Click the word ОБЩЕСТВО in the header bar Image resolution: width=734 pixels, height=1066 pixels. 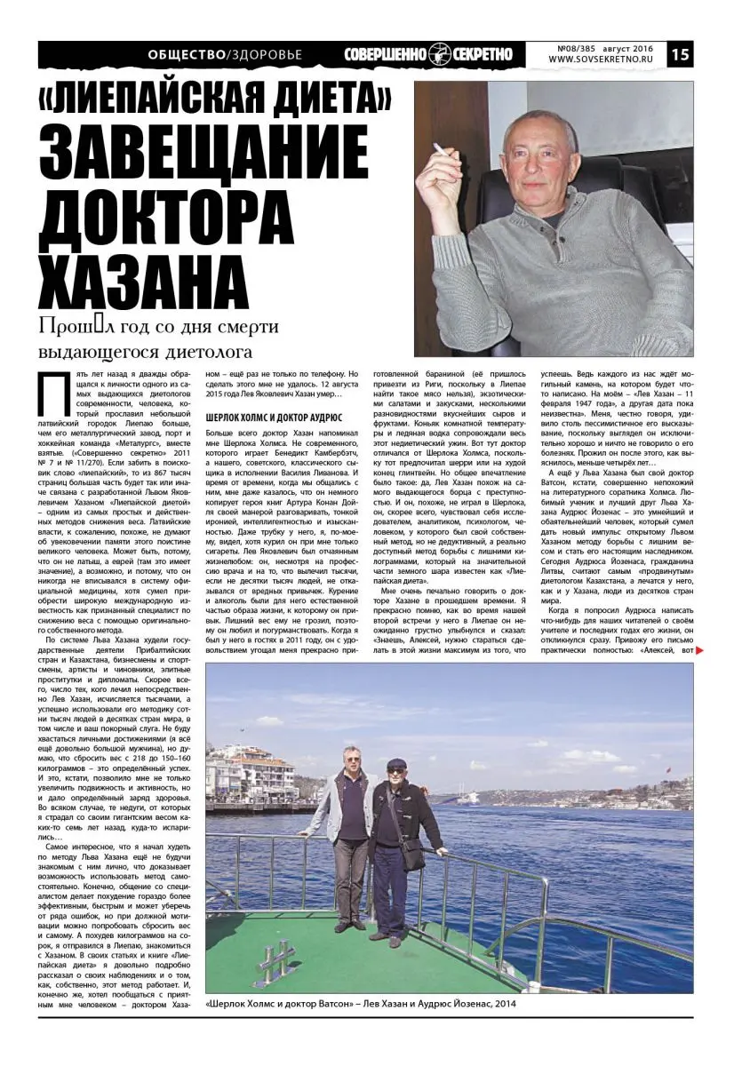pyautogui.click(x=187, y=55)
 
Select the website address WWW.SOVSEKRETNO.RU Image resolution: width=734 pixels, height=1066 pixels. pyautogui.click(x=599, y=60)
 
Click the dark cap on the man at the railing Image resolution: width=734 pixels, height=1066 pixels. pyautogui.click(x=396, y=763)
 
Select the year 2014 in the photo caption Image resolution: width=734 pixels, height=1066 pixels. pyautogui.click(x=505, y=1004)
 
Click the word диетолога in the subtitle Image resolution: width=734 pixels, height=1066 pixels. pyautogui.click(x=218, y=352)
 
